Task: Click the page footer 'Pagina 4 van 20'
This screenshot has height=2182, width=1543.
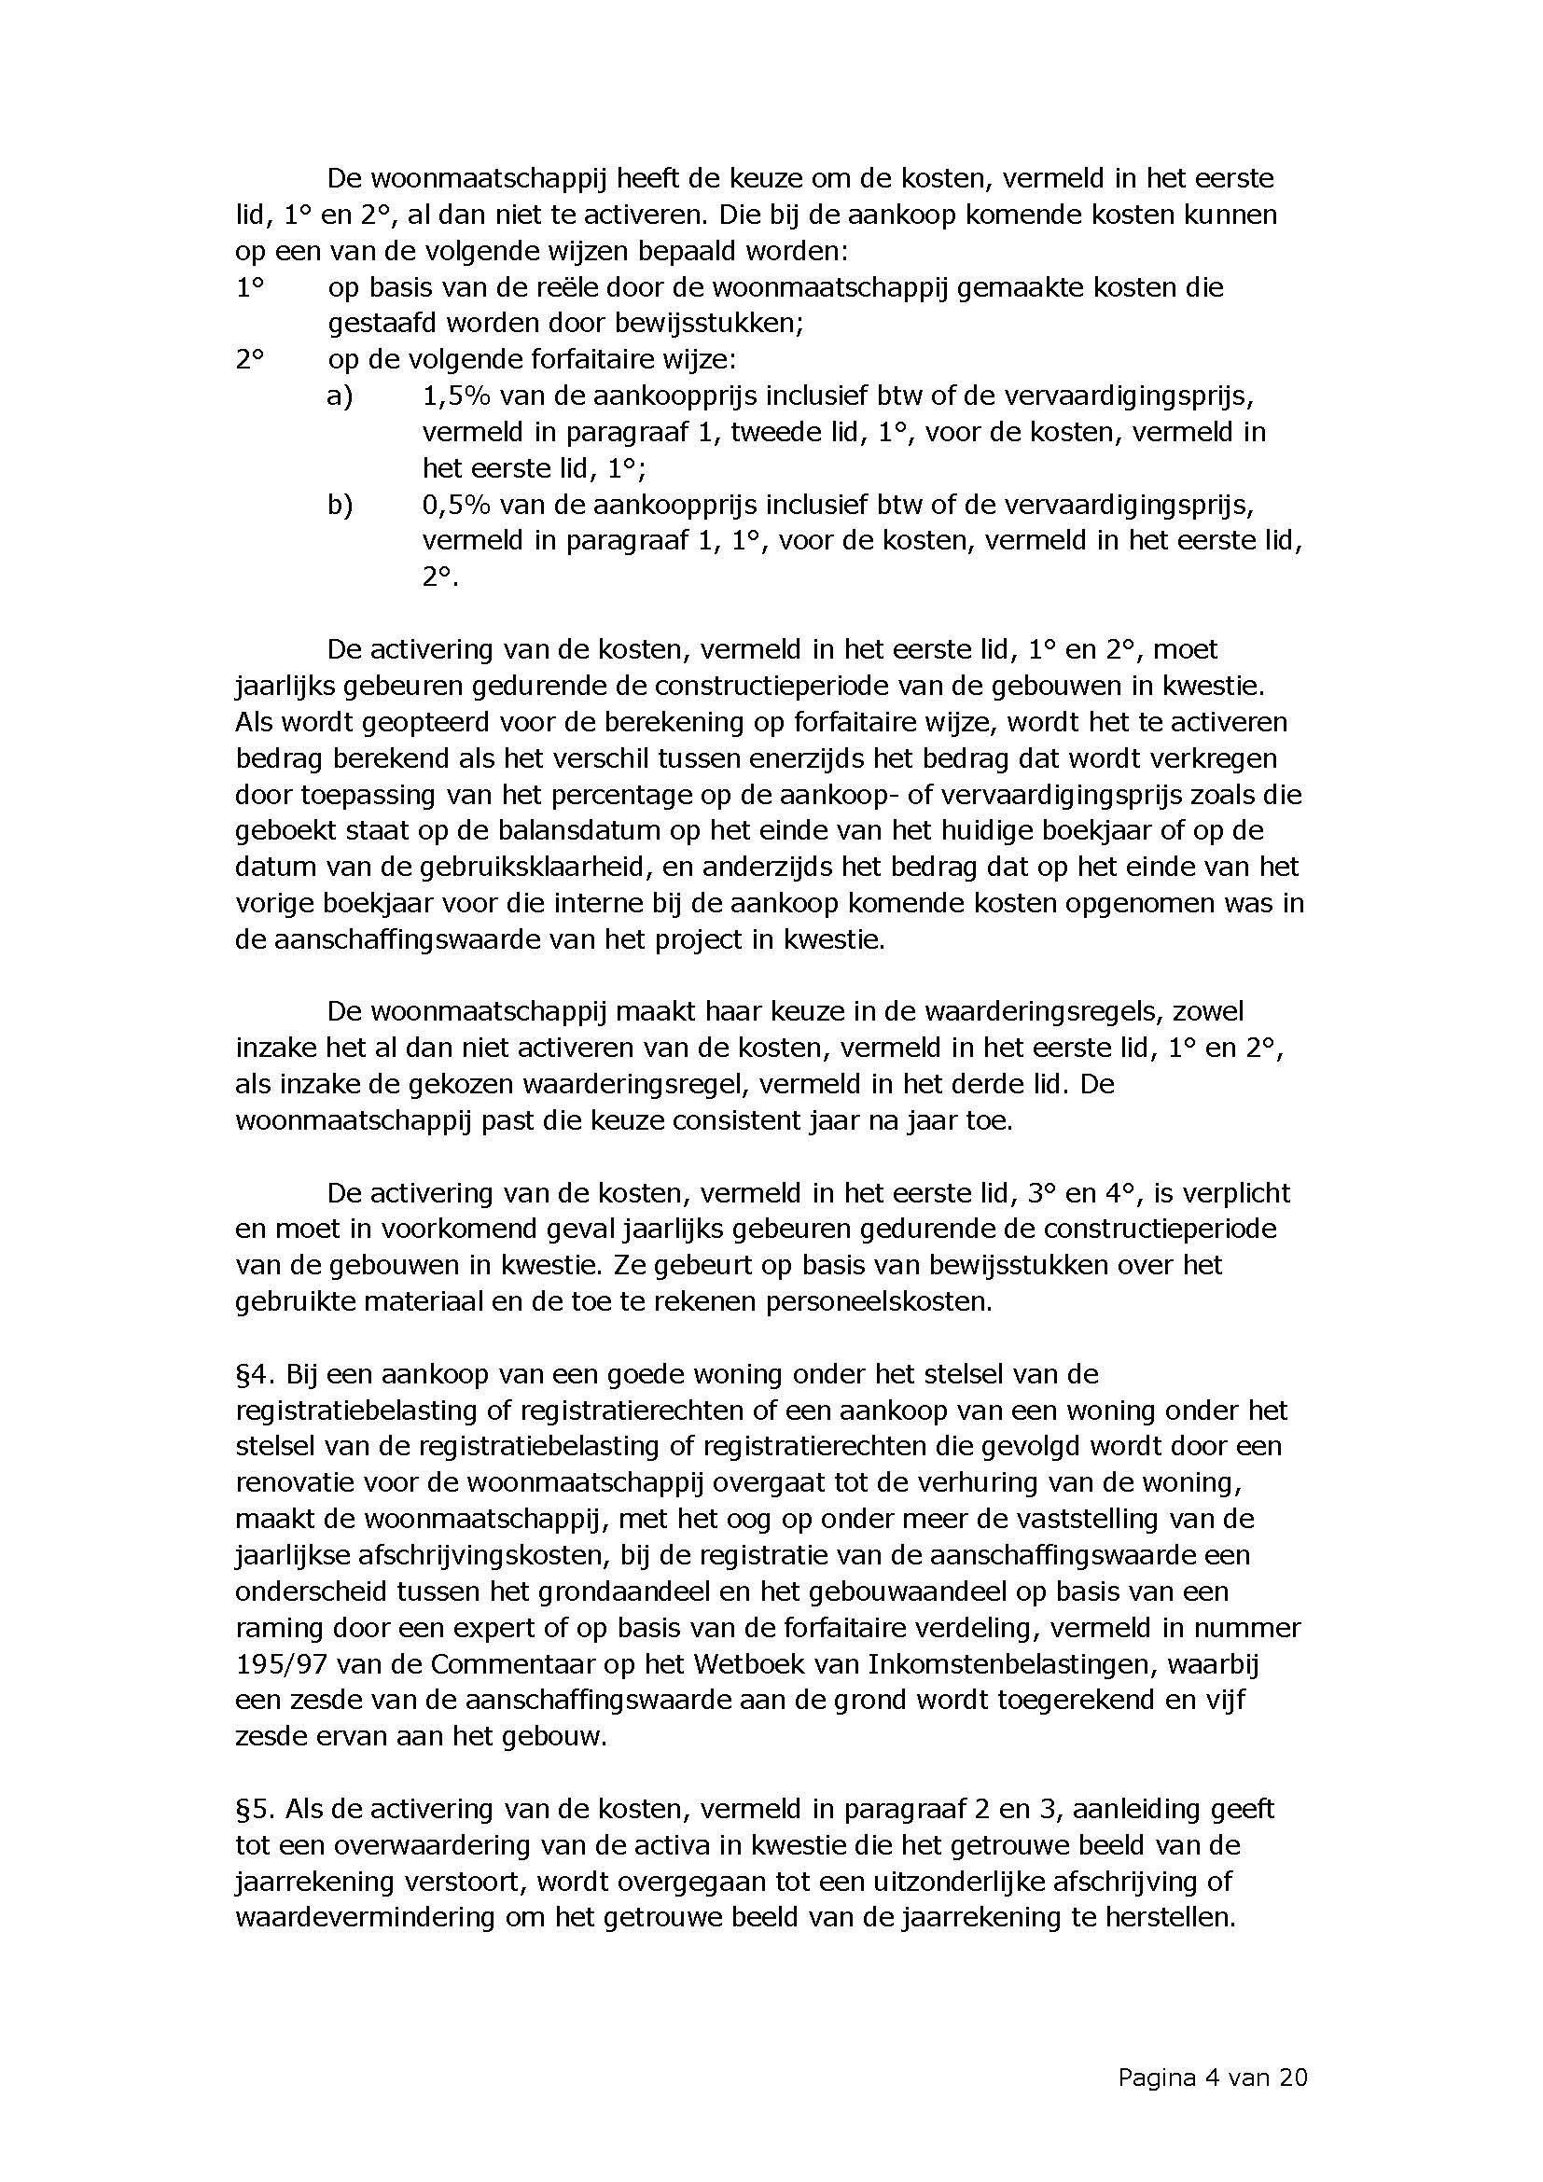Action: (1213, 2078)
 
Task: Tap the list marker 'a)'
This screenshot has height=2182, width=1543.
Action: (340, 396)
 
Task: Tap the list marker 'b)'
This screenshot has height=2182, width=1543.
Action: (340, 505)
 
